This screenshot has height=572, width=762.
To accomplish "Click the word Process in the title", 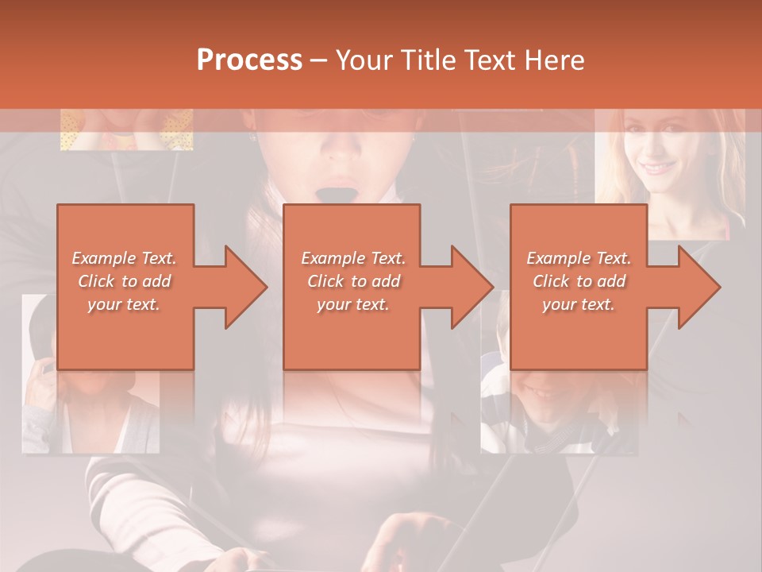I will pyautogui.click(x=249, y=60).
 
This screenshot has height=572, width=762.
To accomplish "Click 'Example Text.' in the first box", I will pyautogui.click(x=125, y=258).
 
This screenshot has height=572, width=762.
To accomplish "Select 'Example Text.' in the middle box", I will pyautogui.click(x=353, y=258).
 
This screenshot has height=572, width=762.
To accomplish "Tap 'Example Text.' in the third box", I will pyautogui.click(x=579, y=258).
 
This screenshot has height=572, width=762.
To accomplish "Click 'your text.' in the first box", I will pyautogui.click(x=125, y=304).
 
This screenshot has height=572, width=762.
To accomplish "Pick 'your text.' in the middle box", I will pyautogui.click(x=353, y=304).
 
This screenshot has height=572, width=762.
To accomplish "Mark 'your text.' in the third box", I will pyautogui.click(x=579, y=304).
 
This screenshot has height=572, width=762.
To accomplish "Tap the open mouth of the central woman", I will pyautogui.click(x=347, y=193).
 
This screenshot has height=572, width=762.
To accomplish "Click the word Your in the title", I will pyautogui.click(x=363, y=60).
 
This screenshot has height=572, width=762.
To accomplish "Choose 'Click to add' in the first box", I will pyautogui.click(x=125, y=281).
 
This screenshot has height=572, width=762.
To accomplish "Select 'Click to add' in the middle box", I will pyautogui.click(x=353, y=281).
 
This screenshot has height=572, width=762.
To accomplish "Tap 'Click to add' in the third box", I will pyautogui.click(x=579, y=281).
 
